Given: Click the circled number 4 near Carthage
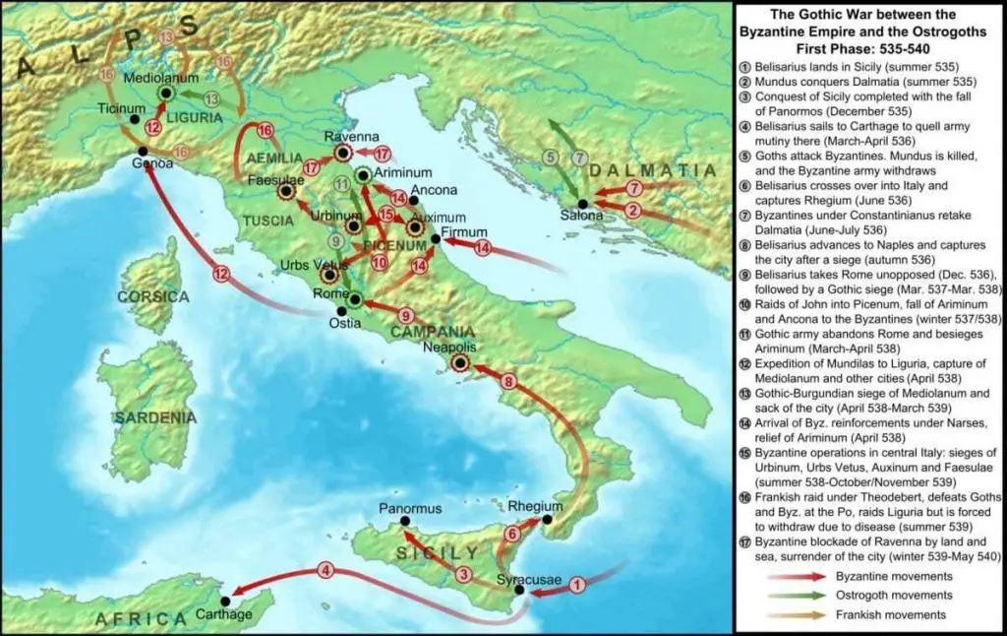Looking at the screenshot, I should [x=326, y=569].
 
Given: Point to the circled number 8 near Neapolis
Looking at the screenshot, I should [x=508, y=381].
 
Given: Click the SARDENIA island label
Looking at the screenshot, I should [x=154, y=417].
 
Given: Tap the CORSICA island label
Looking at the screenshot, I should [x=152, y=296].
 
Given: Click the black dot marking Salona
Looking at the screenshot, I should [x=582, y=202].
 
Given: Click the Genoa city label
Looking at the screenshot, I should [x=154, y=163].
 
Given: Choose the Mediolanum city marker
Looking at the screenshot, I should [x=166, y=93].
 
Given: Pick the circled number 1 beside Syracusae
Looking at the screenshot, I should [x=577, y=584].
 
